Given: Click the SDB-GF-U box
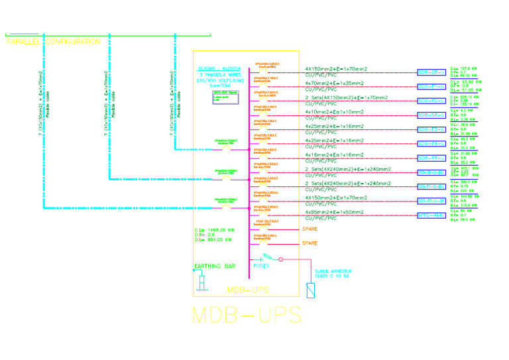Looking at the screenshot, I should [430, 72].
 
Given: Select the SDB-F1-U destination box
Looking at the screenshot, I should [430, 86].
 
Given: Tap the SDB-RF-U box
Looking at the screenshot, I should [430, 158].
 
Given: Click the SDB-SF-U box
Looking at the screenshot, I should [430, 115].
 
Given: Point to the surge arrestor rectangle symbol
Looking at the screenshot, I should [311, 290].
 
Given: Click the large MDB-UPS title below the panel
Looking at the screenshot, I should [247, 314].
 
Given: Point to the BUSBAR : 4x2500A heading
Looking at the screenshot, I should [219, 68].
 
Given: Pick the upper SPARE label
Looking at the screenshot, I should [310, 229].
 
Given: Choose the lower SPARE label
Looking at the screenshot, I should [310, 243].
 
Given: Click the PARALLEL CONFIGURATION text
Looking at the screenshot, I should [53, 42].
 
